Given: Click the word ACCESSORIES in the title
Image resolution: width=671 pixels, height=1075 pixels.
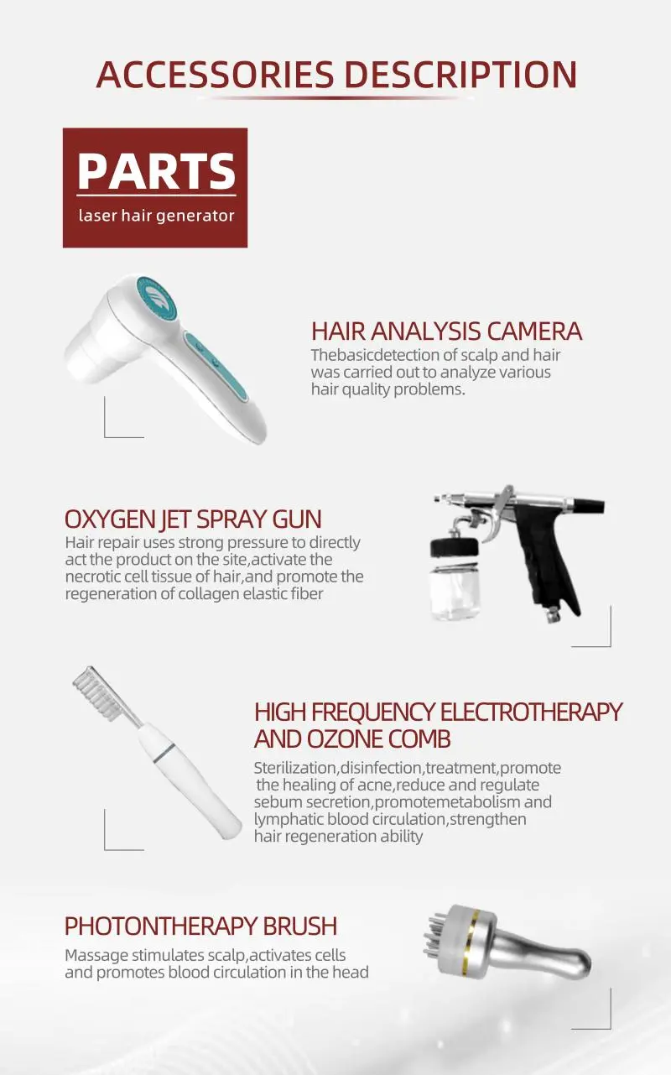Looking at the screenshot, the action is coord(215,75).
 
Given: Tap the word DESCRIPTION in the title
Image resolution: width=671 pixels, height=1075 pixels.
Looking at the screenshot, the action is coord(461,75).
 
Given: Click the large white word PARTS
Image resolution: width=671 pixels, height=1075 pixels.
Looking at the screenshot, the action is coord(156,171).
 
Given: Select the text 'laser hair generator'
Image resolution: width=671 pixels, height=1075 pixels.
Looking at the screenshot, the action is coord(156,216).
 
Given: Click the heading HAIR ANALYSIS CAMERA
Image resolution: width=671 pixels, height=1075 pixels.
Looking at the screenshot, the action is coord(446,331).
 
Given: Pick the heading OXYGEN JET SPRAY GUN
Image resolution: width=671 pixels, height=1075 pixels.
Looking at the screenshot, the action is coord(193,519).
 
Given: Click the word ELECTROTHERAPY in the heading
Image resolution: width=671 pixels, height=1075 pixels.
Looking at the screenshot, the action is coord(531,712).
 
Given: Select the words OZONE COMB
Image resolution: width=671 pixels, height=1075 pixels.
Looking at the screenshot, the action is coord(378,739).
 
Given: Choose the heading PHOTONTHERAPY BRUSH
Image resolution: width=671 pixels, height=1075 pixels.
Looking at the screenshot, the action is coord(200,926).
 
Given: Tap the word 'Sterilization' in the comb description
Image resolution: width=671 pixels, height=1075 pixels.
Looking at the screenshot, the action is coord(295,768).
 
